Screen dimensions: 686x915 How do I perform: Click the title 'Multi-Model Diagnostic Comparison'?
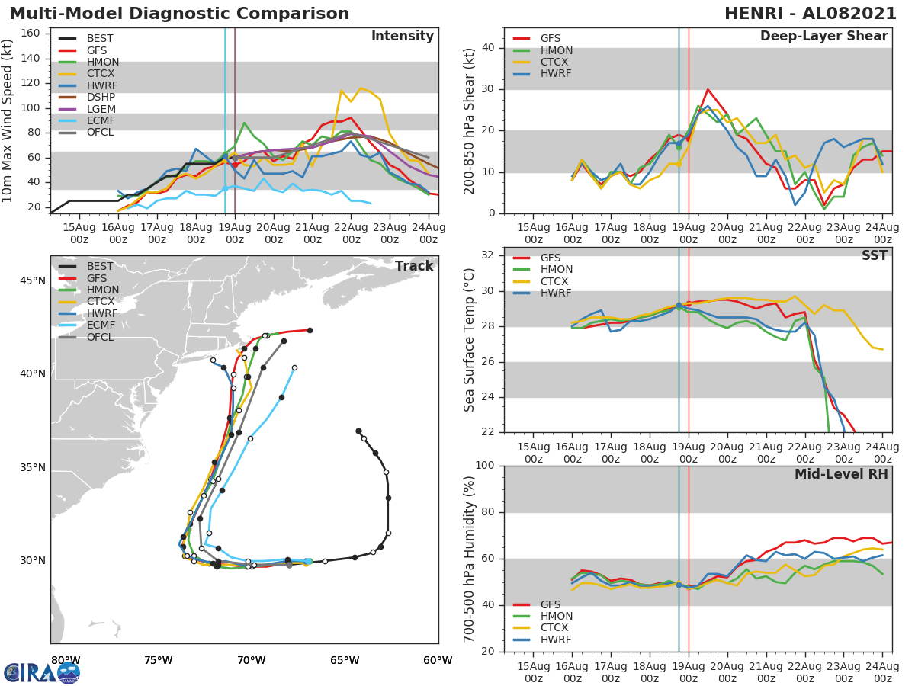[179, 14]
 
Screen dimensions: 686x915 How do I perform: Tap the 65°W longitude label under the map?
[345, 660]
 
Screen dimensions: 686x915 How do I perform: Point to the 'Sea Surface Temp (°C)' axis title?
[470, 340]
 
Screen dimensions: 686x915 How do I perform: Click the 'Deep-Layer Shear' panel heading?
[823, 37]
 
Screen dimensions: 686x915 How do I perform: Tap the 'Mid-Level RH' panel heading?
[841, 474]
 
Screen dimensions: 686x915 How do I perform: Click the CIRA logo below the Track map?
[42, 672]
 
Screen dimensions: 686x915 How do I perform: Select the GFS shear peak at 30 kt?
[708, 89]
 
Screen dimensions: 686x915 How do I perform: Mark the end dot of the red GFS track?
[310, 330]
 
